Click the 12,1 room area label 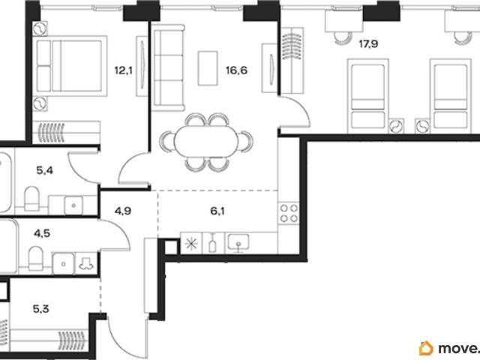[123, 70]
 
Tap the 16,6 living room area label [237, 70]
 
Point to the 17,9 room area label [368, 43]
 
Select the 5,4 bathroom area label [45, 170]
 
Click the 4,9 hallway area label [123, 211]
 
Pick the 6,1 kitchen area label [217, 211]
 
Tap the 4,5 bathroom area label [42, 233]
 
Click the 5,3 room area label [41, 309]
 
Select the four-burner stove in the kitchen [289, 213]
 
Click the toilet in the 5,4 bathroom [31, 198]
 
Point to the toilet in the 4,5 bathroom [36, 258]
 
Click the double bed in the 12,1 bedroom [70, 66]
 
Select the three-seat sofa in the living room [169, 68]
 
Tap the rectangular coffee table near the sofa [208, 68]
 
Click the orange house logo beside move [426, 348]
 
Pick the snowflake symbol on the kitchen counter [192, 243]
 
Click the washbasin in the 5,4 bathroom [73, 205]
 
